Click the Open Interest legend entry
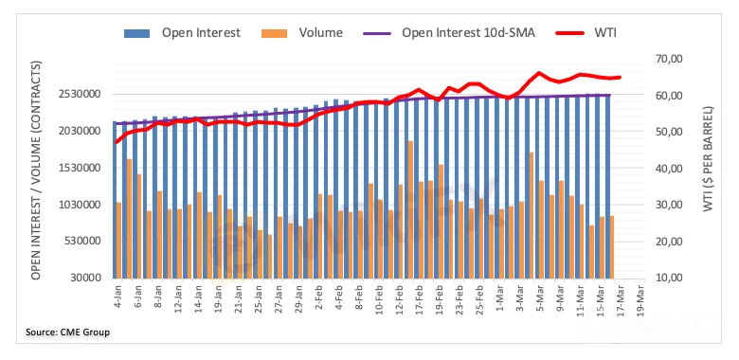point(182,33)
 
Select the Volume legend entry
point(301,33)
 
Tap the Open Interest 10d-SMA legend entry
point(449,33)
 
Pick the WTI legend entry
point(586,33)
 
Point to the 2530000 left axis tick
point(81,94)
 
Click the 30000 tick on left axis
point(88,278)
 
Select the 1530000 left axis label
point(81,168)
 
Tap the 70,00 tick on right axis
point(669,59)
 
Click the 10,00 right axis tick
point(669,278)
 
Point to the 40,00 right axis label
point(669,169)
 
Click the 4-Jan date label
point(118,296)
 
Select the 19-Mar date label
point(640,298)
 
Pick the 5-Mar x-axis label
point(540,297)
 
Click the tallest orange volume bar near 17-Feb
point(410,209)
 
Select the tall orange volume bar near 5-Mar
point(532,215)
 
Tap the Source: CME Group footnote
point(68,333)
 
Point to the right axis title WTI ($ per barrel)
point(708,159)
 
